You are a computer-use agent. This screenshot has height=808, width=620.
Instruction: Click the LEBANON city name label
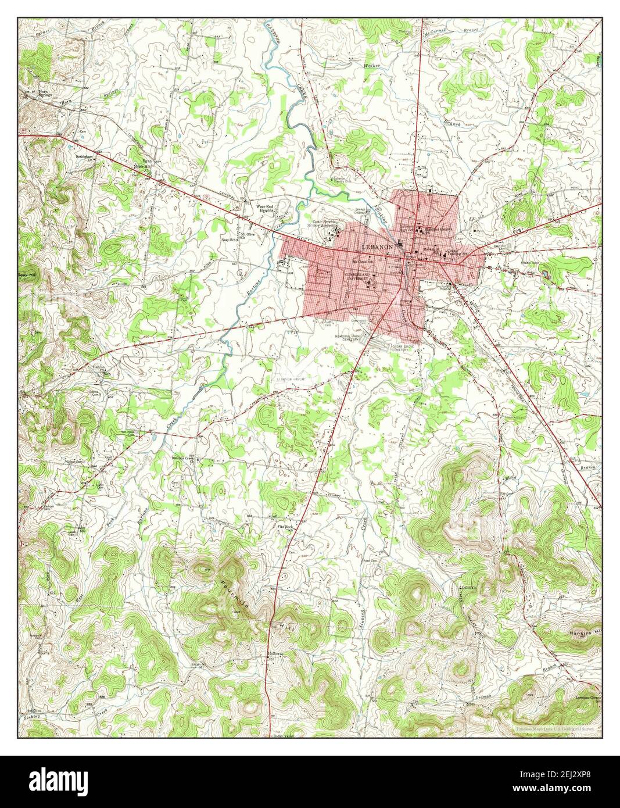click(x=377, y=246)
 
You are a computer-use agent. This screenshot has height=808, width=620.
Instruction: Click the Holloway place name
click(x=275, y=655)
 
